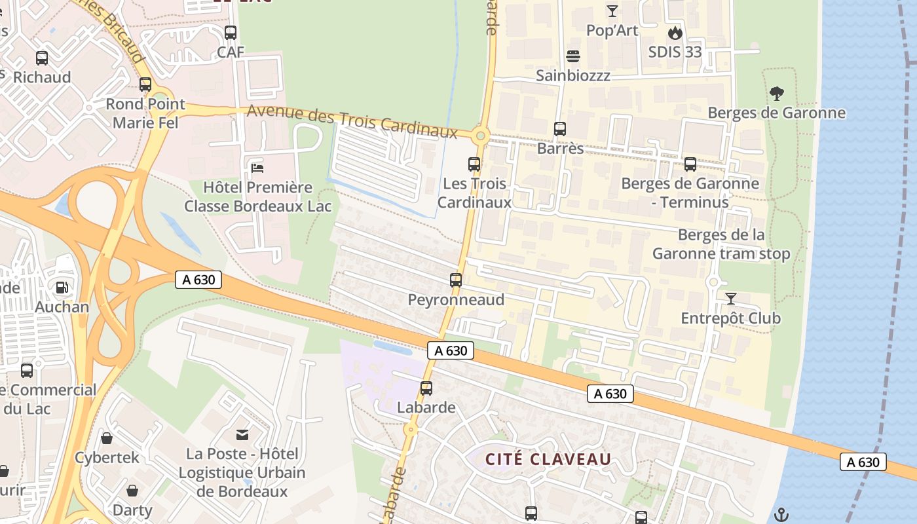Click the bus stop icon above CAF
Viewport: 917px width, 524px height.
(x=231, y=33)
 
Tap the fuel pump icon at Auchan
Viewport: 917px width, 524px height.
(x=62, y=288)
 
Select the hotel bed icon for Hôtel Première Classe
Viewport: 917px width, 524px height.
(x=257, y=168)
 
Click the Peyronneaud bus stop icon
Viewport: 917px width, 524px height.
(x=456, y=280)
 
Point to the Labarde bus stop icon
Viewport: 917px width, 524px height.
(x=426, y=388)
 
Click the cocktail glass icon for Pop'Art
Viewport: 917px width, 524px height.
(x=612, y=11)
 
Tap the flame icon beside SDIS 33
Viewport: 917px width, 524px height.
(x=675, y=33)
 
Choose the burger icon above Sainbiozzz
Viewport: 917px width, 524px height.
(x=573, y=56)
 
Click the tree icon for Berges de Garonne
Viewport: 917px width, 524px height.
(x=776, y=94)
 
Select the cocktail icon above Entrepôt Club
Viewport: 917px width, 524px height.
(x=731, y=299)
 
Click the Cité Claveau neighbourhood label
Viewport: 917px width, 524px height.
(x=548, y=459)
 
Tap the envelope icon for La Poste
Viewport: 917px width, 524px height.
(x=242, y=434)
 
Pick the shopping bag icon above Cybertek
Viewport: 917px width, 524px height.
(x=107, y=438)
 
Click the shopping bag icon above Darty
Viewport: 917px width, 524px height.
(x=132, y=491)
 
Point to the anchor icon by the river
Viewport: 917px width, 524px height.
(x=781, y=514)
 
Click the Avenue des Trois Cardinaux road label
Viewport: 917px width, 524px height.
(x=352, y=121)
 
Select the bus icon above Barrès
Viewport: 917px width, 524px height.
(x=560, y=129)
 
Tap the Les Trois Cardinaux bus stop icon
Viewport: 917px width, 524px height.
(x=474, y=164)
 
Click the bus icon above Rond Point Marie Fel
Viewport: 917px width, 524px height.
(x=145, y=84)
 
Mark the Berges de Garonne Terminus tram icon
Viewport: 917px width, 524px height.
(x=690, y=164)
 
